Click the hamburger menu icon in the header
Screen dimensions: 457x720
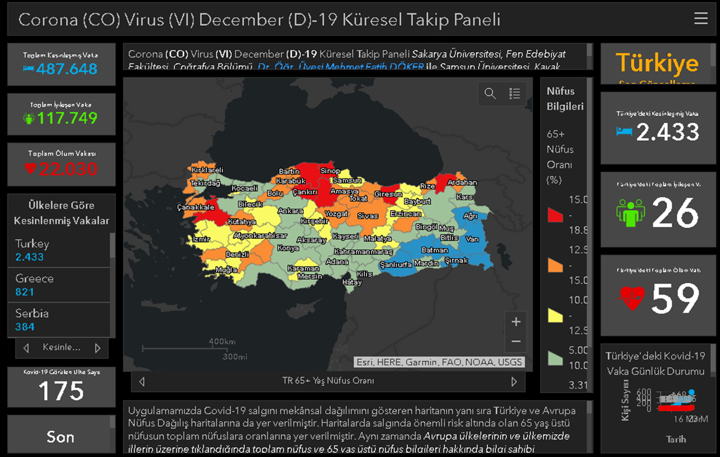click(701, 18)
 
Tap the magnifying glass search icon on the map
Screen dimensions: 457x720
click(490, 93)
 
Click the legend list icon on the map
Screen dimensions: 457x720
click(515, 93)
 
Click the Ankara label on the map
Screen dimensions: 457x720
click(290, 211)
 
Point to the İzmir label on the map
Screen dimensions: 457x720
click(201, 239)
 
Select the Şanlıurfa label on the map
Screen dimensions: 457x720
click(396, 265)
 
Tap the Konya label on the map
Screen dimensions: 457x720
click(288, 248)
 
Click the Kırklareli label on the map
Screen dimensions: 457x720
click(207, 170)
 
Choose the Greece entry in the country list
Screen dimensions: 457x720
click(59, 285)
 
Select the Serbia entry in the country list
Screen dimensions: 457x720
click(59, 320)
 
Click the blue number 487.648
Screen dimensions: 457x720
click(67, 69)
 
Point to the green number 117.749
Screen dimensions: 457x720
click(67, 118)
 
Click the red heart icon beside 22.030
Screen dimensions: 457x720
click(30, 168)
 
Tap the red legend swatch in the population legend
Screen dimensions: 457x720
click(555, 215)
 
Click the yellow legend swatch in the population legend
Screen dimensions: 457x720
click(555, 315)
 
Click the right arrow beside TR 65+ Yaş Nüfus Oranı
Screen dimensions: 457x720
click(514, 382)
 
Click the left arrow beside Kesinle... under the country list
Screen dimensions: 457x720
click(26, 348)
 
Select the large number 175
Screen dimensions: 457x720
click(61, 391)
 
